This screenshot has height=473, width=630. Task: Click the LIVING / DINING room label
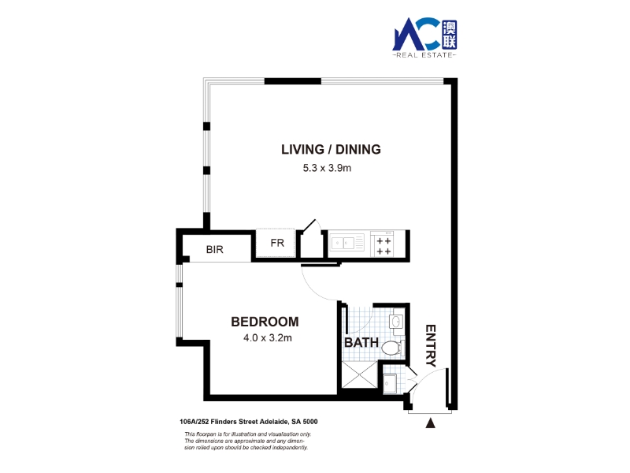point(331,149)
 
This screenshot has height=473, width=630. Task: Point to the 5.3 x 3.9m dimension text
point(327,168)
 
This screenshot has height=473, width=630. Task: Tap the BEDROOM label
point(265,322)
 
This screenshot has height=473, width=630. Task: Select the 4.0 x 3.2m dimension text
point(268,338)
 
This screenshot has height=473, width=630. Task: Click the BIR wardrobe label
point(214,249)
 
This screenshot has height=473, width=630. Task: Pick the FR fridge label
point(277,243)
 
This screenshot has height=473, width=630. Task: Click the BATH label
point(361,342)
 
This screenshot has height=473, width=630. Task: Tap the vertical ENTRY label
point(431,346)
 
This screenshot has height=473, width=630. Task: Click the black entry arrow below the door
point(430,423)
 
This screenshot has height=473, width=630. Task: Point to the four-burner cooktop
point(382,244)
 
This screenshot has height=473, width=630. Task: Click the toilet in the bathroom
point(392,348)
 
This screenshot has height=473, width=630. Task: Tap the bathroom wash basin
point(397,322)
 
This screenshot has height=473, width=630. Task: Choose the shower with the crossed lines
point(360,375)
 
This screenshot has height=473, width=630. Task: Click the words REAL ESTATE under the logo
point(424,55)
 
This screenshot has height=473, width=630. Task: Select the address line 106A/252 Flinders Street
point(249,422)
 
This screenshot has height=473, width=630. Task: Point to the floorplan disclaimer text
point(247,441)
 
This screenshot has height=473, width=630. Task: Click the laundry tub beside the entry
point(389,383)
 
